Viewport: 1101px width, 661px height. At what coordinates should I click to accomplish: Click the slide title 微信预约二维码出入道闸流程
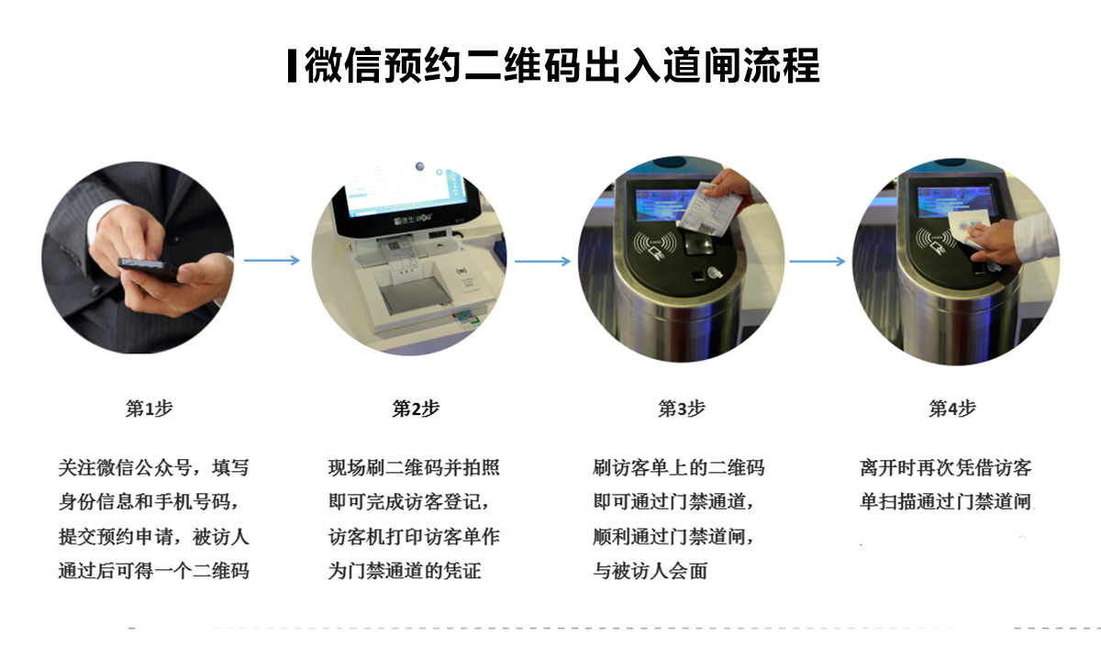[x=562, y=65]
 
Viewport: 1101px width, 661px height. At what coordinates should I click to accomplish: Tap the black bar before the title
[x=292, y=65]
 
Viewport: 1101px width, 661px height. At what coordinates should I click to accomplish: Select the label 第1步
[x=150, y=409]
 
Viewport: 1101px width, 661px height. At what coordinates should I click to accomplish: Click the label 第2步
[x=416, y=409]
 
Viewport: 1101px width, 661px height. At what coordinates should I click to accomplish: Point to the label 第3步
[x=682, y=409]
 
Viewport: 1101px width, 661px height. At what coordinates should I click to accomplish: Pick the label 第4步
[x=952, y=409]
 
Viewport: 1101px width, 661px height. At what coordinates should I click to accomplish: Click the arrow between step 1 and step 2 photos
[x=272, y=260]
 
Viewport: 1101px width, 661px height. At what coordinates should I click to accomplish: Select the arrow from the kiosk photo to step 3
[x=542, y=261]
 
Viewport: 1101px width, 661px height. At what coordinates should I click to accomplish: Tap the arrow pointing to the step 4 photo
[x=817, y=261]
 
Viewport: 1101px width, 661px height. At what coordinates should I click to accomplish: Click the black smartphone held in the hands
[x=149, y=269]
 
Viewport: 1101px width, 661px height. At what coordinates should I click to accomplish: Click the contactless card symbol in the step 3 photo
[x=654, y=244]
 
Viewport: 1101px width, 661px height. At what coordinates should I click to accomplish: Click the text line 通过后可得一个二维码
[x=154, y=571]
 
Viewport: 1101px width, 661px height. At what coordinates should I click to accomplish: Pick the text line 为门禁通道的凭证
[x=405, y=571]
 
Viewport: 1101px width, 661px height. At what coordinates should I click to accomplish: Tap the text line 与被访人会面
[x=651, y=571]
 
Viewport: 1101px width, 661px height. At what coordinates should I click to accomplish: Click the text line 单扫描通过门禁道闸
[x=946, y=501]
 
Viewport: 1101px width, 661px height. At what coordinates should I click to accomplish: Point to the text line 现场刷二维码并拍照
[x=414, y=467]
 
